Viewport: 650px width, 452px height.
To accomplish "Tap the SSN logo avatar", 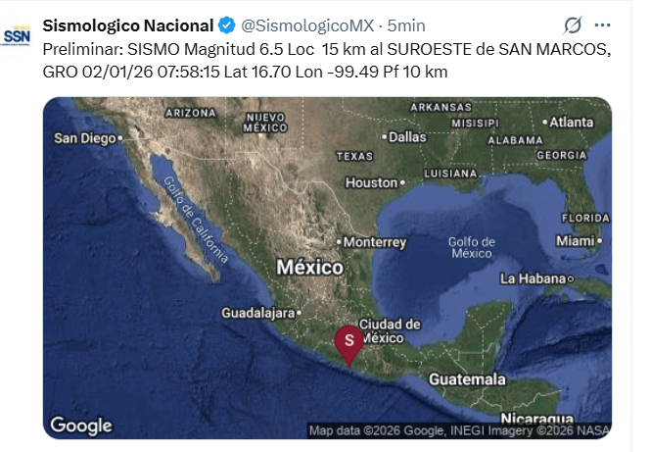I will [x=17, y=34].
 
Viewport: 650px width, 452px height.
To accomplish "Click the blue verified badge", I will [x=226, y=25].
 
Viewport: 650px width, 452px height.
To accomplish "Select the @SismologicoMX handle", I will [x=306, y=25].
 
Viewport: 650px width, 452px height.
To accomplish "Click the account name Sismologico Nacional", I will [x=127, y=25].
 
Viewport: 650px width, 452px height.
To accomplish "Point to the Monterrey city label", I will [x=374, y=241].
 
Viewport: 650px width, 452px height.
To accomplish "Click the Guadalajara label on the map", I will [x=258, y=314].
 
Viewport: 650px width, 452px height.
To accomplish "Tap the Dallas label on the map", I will [x=405, y=137].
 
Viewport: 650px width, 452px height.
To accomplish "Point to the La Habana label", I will [x=534, y=278].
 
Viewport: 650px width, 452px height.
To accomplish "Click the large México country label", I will [x=309, y=267].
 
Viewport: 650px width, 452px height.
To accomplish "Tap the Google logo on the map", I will [x=81, y=425].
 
